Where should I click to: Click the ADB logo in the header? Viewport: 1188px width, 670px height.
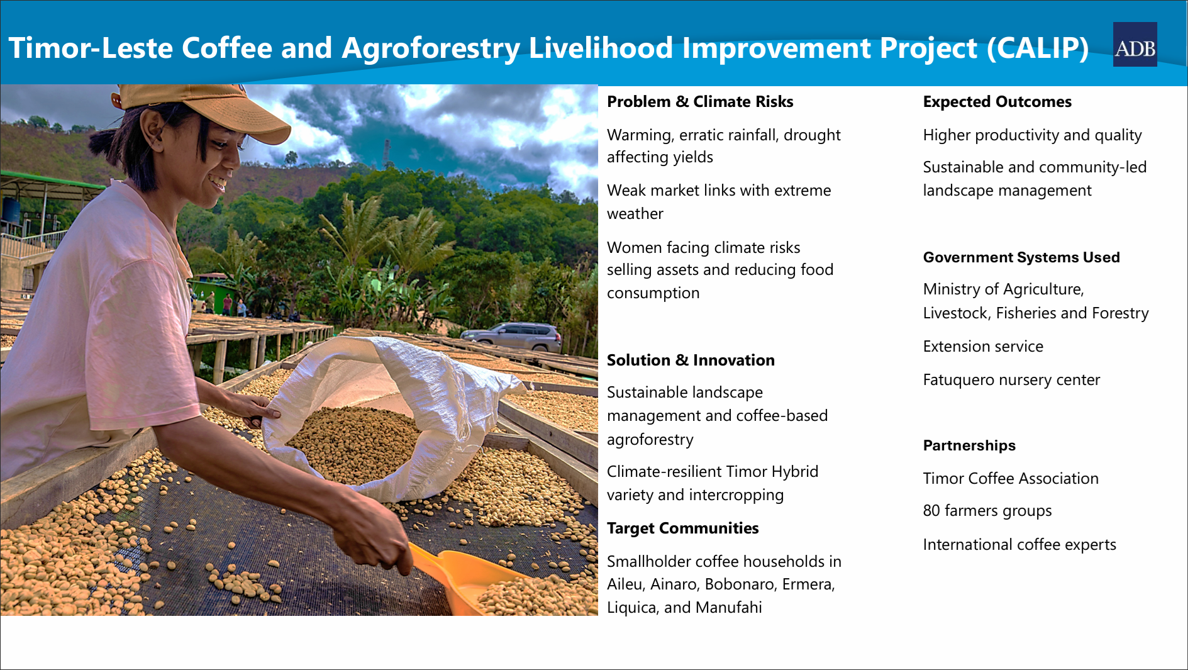click(1135, 45)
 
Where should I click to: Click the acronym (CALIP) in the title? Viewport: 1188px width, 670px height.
click(1038, 48)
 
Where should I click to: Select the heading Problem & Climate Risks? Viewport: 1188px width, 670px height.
click(700, 102)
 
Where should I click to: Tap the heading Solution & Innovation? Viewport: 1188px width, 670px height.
click(691, 360)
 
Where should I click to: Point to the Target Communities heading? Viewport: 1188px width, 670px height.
click(682, 528)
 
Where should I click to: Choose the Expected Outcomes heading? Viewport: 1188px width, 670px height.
click(997, 102)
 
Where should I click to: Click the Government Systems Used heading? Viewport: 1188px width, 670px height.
click(1021, 257)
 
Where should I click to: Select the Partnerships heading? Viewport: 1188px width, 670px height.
click(969, 445)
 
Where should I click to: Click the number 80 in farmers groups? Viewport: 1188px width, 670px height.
click(931, 511)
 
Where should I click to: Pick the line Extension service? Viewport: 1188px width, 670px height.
click(983, 347)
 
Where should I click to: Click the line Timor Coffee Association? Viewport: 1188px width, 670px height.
click(1011, 479)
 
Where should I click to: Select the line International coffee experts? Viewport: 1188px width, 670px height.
click(1019, 545)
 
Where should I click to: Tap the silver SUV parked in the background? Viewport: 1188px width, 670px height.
click(511, 337)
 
